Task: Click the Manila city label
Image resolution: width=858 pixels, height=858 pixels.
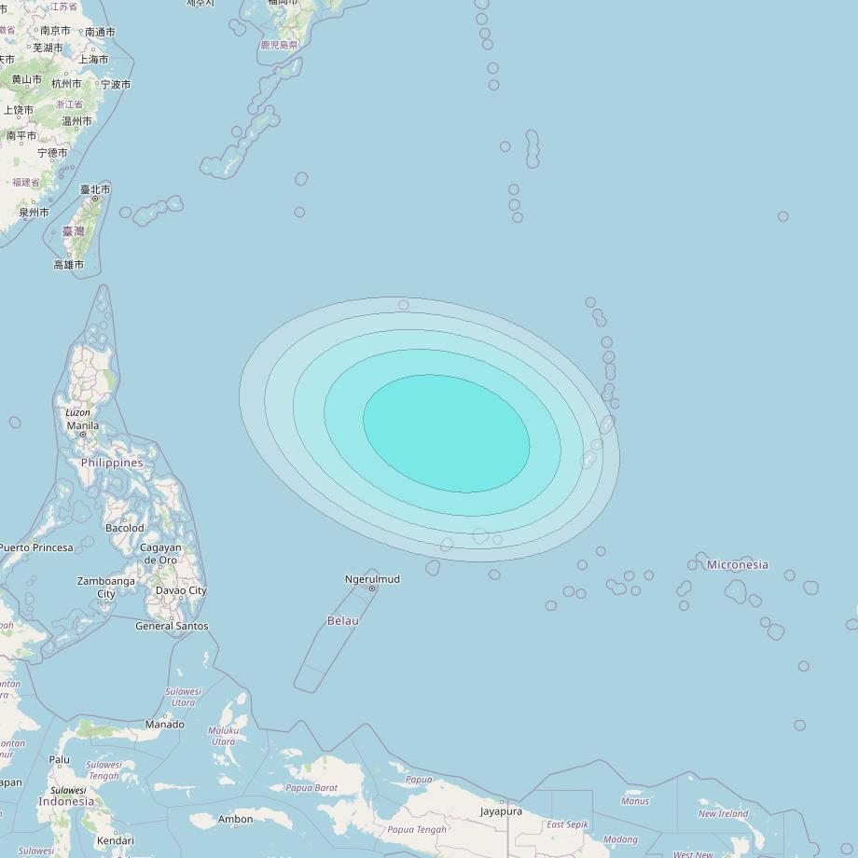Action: pos(82,426)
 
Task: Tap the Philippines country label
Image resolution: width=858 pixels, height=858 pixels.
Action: pos(112,463)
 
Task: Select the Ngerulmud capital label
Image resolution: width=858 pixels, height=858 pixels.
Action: pos(372,579)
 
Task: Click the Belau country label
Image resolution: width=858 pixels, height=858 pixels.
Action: pos(342,620)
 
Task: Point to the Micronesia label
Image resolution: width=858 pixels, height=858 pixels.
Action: pos(738,564)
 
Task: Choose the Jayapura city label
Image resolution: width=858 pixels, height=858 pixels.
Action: pos(501,811)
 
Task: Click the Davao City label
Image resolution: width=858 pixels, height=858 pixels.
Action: pos(181,590)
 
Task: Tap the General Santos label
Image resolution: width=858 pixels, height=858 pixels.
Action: pos(172,626)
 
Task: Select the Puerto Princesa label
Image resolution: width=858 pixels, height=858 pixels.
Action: pos(37,547)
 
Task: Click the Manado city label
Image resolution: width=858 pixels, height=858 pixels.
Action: pos(164,725)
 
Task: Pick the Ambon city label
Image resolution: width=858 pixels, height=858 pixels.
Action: pos(235,820)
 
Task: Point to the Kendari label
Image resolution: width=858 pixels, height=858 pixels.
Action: pos(115,840)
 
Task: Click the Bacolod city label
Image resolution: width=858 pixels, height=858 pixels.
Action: pos(125,528)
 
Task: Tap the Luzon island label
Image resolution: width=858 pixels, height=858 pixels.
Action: pos(77,412)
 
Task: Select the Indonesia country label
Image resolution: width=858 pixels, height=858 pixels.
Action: pos(66,801)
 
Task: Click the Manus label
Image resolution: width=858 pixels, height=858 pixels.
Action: pos(634,801)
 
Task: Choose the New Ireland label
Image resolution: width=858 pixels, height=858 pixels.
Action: pos(723,813)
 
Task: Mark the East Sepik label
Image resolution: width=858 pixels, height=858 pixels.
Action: pos(568,824)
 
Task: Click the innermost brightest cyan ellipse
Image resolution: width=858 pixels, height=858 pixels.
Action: pos(446,434)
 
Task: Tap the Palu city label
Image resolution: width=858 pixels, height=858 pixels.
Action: pos(60,759)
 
